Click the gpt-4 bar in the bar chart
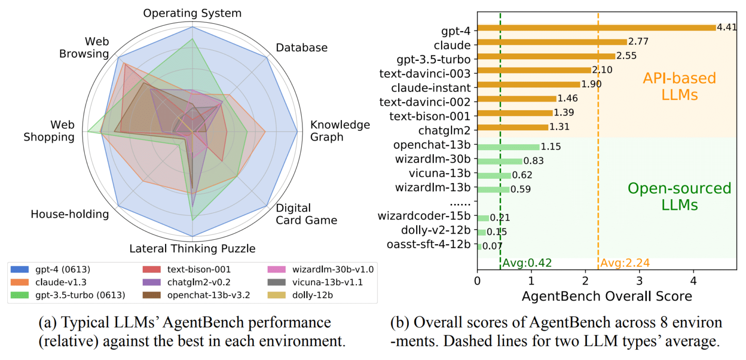[x=596, y=28]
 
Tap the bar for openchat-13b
[x=509, y=146]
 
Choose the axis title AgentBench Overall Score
[x=607, y=296]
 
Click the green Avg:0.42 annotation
[x=527, y=263]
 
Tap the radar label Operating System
[x=192, y=13]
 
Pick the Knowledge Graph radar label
[x=339, y=131]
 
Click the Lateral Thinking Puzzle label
[x=192, y=249]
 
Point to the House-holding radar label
[x=69, y=214]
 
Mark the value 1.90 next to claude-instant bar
[x=592, y=85]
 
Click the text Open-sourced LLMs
[x=679, y=196]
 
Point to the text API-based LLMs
[x=679, y=86]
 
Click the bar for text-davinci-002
[x=517, y=99]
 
